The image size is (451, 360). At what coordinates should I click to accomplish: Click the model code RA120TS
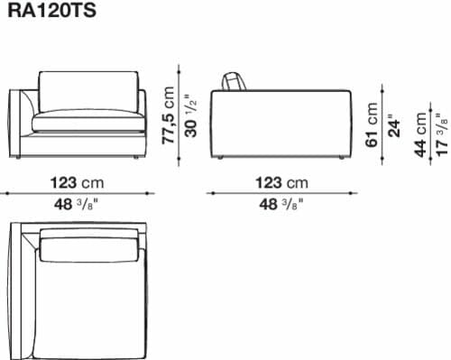[51, 10]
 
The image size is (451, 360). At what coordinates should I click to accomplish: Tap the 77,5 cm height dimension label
[168, 115]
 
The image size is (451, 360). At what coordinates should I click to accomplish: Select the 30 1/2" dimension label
[190, 115]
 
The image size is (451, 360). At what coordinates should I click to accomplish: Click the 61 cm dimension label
[372, 125]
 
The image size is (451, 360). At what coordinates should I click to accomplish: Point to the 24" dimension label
[394, 125]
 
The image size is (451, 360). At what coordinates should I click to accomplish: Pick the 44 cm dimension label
[420, 134]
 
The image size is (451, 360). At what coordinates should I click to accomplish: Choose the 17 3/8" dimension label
[443, 134]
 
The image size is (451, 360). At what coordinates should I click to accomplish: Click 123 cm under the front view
[77, 182]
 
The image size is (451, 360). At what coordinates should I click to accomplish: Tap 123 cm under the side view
[281, 182]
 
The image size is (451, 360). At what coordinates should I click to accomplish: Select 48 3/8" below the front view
[76, 205]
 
